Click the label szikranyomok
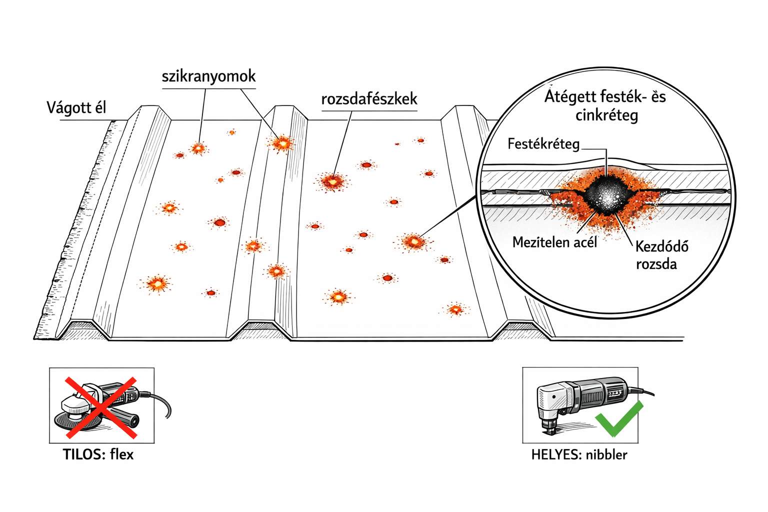coord(208,76)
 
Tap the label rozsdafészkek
coord(369,99)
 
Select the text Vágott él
coord(76,107)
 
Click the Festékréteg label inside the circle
coord(543,144)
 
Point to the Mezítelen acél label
coord(554,242)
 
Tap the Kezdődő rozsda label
coord(661,254)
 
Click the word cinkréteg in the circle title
coord(606,115)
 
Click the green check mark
coord(619,418)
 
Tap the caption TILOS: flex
coord(98,454)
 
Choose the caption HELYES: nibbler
coord(579,454)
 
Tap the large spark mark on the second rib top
coord(281,143)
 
